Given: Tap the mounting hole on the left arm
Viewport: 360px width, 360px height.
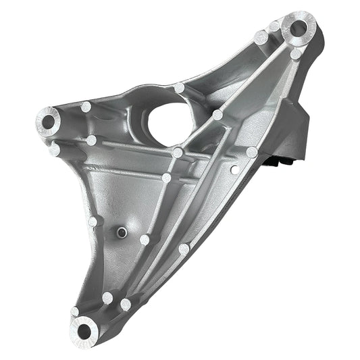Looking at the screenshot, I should tap(48, 122).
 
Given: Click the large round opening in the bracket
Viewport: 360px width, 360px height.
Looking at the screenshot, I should tap(168, 122).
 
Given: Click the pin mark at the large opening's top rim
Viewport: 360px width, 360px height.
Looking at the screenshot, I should tap(179, 88).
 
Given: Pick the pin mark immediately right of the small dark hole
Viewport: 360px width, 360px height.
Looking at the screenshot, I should tap(144, 239).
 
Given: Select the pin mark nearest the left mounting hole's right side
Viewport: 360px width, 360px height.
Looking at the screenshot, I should tap(86, 107).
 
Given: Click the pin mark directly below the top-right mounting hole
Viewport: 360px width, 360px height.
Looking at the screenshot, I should tap(296, 53).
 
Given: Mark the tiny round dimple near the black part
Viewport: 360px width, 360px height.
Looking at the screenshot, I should tap(234, 168).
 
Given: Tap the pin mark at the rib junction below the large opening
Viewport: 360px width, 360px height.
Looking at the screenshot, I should tap(178, 153).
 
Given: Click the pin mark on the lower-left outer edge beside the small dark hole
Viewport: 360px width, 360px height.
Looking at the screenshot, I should tap(93, 221).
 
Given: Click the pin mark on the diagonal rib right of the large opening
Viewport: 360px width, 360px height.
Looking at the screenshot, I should tap(217, 115).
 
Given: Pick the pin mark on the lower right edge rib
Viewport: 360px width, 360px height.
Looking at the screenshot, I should tap(183, 249).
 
